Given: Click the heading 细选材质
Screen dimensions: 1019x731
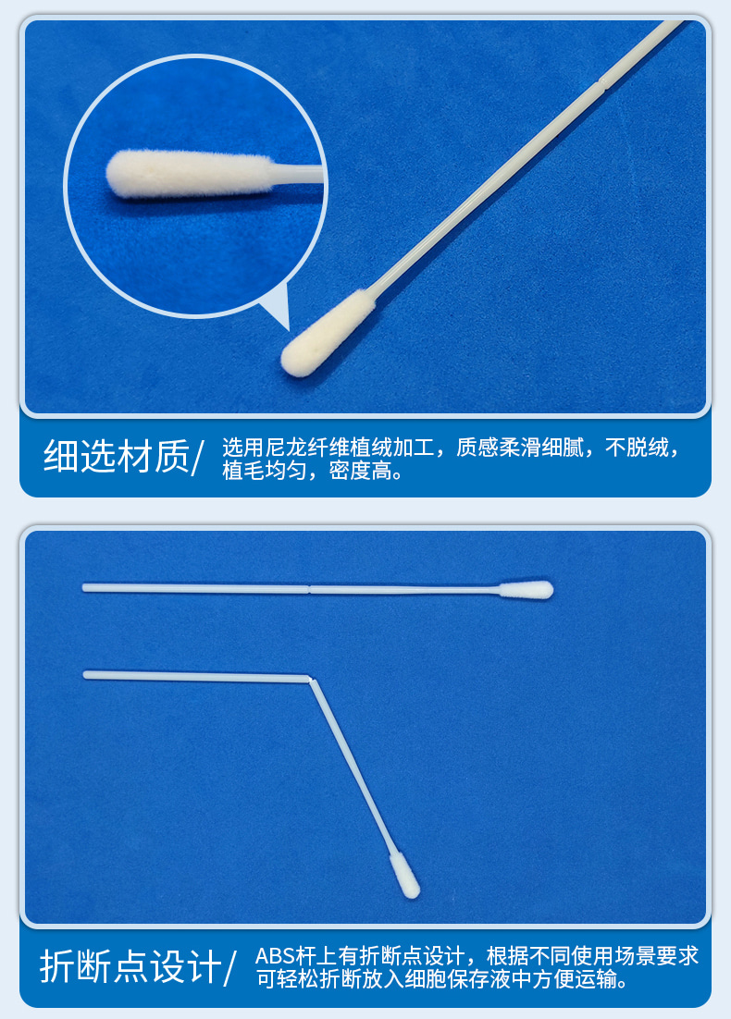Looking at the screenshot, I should [115, 457].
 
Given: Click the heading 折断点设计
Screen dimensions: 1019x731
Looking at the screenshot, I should [130, 967].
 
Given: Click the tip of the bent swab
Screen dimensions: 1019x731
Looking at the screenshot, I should [404, 875].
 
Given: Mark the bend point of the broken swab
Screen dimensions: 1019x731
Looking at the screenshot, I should [311, 681].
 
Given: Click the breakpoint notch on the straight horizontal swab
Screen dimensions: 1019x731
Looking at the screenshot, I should [309, 587].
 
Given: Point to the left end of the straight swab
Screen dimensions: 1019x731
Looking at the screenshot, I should [85, 587].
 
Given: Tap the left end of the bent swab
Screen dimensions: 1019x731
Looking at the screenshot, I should [86, 675].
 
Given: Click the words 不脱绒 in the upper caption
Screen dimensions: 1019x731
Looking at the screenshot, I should [641, 448].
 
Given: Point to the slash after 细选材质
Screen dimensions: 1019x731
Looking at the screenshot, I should [197, 458].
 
